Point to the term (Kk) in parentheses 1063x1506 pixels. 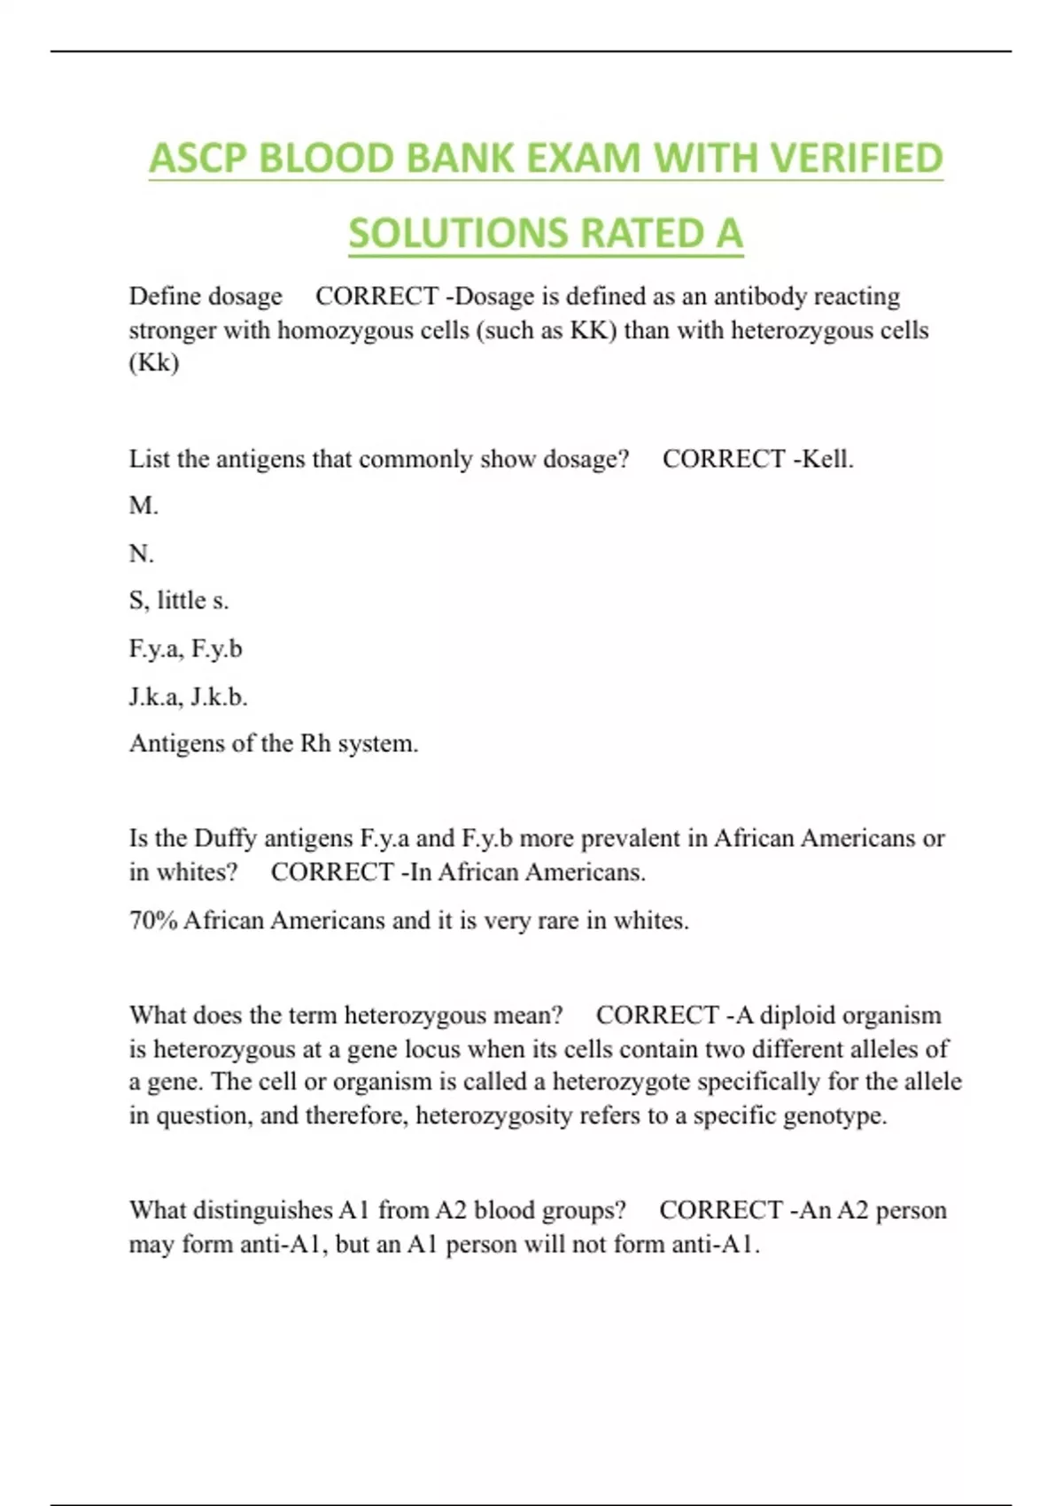154,363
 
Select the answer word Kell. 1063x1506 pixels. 826,459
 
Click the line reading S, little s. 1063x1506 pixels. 179,601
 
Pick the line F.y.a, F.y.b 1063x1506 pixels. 185,648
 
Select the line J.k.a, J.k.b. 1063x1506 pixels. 188,696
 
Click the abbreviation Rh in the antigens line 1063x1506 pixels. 314,743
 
